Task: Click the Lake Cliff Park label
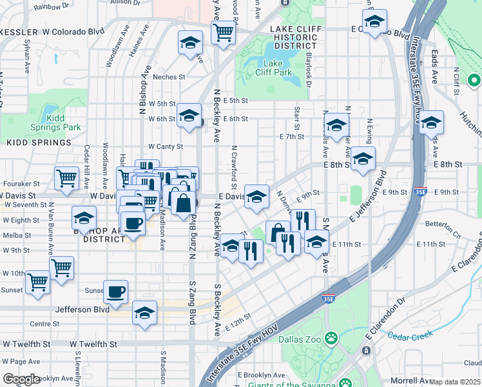278,68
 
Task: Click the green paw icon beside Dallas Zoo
331,337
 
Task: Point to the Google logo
21,379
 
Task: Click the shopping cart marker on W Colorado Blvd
223,32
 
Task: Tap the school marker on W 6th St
189,116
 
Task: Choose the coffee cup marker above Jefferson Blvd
115,292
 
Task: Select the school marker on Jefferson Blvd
145,313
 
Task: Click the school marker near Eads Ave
431,123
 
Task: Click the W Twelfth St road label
93,344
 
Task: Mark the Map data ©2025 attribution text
455,382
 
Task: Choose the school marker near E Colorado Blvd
374,22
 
